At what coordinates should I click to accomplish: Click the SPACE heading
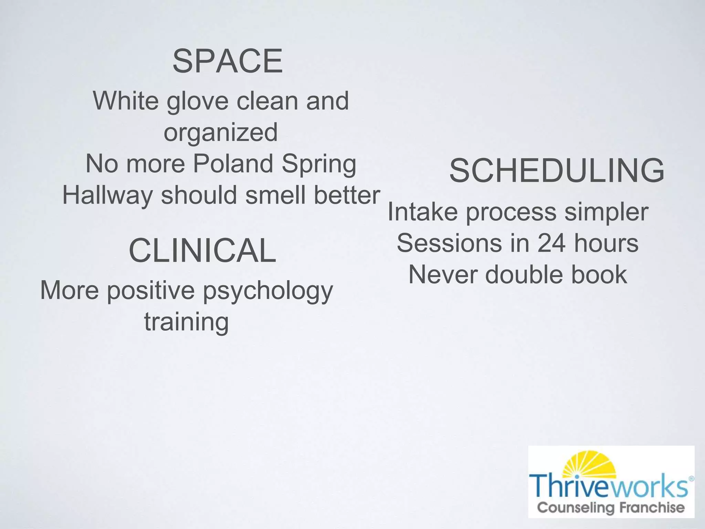(x=228, y=61)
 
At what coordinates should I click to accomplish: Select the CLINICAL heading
(x=202, y=250)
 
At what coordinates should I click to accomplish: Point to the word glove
(x=197, y=102)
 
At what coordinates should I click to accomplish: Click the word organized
(x=220, y=133)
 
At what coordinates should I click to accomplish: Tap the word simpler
(x=606, y=213)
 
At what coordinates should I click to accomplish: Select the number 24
(x=551, y=243)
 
